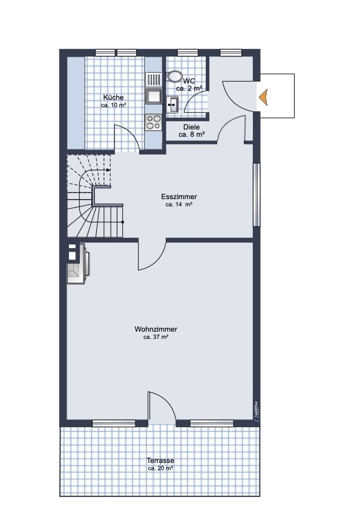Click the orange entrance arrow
coord(264,97)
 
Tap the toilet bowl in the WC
coord(174,77)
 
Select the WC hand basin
coord(173,105)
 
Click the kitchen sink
coord(154,96)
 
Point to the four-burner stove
coord(154,122)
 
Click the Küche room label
coord(113,97)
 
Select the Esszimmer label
coord(179,197)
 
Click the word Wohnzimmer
coord(156,329)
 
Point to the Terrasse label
coord(160,461)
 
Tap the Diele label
coord(192,127)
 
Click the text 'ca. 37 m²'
coord(156,337)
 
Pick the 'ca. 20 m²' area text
coord(160,468)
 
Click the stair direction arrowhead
coord(108,170)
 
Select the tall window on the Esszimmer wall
coord(257,194)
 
